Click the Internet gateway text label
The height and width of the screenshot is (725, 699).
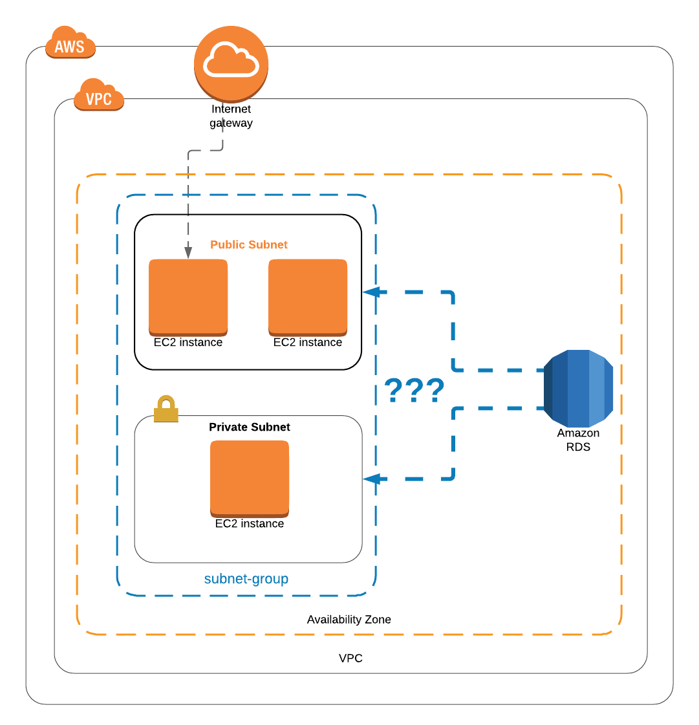coord(231,116)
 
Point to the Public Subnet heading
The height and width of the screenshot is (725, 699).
coord(248,244)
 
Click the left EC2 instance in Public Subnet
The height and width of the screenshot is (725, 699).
coord(188,297)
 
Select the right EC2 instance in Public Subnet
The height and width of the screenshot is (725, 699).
coord(308,297)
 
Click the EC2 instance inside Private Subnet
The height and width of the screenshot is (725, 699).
coord(250,478)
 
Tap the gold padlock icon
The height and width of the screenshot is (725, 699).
coord(166,409)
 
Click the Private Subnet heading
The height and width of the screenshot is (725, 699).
coord(249,427)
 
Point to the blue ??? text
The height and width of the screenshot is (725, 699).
coord(414,391)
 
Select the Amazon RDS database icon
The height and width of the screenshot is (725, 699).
coord(577,387)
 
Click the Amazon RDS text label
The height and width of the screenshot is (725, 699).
coord(578,440)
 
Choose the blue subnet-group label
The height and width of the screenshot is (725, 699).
coord(246,578)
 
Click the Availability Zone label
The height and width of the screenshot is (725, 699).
coord(349,619)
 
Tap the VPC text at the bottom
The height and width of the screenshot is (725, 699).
coord(350,658)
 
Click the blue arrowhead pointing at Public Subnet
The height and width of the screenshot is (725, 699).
coord(371,292)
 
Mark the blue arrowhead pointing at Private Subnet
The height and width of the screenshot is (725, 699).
coord(371,479)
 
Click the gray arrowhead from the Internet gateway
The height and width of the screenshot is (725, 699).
coord(188,252)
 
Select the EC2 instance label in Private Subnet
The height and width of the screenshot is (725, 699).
coord(249,523)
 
